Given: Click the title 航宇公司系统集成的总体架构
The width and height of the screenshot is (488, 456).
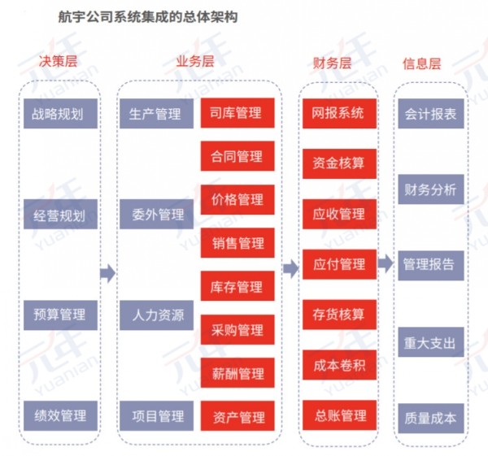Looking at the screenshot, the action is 148,16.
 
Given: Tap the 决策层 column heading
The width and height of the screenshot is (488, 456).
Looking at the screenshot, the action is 59,61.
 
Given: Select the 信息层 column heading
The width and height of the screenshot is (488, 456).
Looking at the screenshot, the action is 421,63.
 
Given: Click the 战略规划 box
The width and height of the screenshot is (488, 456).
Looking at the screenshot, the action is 61,114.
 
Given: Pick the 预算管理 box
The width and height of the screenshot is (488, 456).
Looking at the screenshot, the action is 61,315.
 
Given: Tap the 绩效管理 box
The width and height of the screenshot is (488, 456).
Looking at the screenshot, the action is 61,415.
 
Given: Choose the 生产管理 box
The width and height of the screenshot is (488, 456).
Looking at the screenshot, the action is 156,114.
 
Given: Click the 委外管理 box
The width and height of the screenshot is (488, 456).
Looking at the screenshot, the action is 156,215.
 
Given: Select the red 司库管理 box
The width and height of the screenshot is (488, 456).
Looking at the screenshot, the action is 237,113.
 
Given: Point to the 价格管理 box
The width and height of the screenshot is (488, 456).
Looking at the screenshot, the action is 237,199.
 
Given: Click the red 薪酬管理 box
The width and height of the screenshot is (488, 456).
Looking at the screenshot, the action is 237,372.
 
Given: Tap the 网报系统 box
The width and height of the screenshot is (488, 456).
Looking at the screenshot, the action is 339,114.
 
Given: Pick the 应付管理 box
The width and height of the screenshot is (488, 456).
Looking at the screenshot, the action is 339,264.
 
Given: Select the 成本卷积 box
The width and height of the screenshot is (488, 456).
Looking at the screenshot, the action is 339,365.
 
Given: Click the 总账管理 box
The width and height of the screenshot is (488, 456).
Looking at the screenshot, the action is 339,415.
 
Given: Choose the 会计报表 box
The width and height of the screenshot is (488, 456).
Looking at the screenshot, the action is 431,114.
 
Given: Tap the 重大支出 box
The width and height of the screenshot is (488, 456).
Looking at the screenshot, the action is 431,342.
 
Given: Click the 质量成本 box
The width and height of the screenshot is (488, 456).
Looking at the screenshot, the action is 431,419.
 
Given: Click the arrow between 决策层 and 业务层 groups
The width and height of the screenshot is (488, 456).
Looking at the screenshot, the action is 107,273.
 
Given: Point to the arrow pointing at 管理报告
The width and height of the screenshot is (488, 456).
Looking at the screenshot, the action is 386,263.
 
